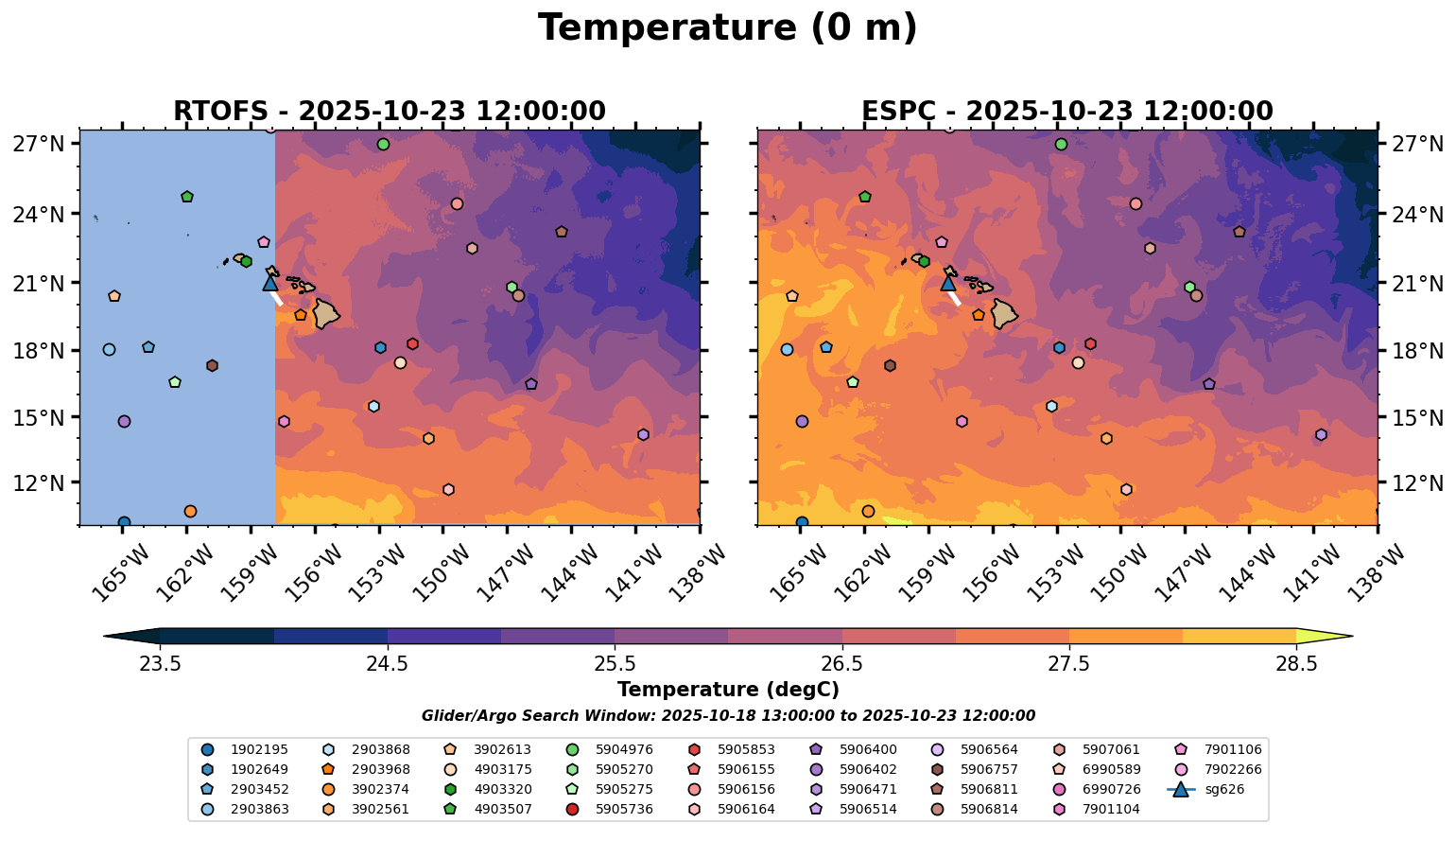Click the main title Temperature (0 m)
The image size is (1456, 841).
click(727, 28)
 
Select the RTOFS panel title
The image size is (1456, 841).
click(389, 112)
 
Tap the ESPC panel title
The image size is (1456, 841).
click(1066, 112)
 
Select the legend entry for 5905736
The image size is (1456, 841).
click(624, 809)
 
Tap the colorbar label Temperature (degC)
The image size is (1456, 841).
click(727, 690)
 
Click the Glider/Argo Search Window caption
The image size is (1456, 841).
click(727, 716)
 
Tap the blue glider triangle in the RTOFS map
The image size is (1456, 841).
click(270, 283)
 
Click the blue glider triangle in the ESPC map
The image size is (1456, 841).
click(948, 283)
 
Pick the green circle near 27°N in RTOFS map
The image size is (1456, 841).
click(383, 145)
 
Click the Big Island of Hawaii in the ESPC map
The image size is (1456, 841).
click(1004, 313)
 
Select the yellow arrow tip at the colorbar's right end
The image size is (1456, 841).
click(1342, 637)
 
